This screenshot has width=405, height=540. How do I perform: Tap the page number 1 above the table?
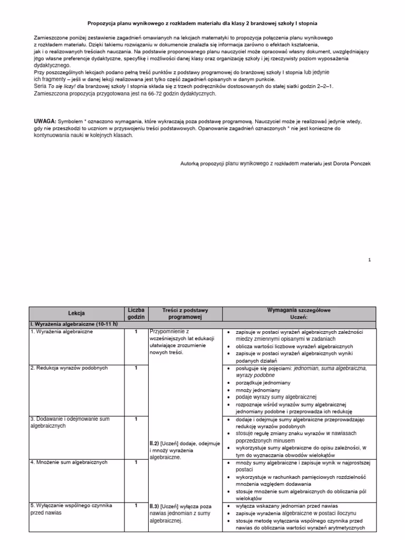coord(370,259)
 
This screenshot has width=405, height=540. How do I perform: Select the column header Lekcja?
coord(76,313)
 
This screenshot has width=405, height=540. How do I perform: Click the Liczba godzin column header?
coord(136,313)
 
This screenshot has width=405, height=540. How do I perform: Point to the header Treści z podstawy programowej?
coord(185,313)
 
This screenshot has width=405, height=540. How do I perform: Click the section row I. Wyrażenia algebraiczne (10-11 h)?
coord(74,323)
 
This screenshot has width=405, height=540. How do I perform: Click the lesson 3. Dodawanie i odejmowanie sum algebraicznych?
coord(70,422)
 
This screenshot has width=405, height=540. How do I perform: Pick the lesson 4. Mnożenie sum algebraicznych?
coord(69,462)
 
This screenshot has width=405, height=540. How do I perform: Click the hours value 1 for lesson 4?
coord(136,462)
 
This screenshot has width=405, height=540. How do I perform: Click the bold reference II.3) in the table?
coord(155,505)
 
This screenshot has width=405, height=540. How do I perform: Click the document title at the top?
coord(202,24)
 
